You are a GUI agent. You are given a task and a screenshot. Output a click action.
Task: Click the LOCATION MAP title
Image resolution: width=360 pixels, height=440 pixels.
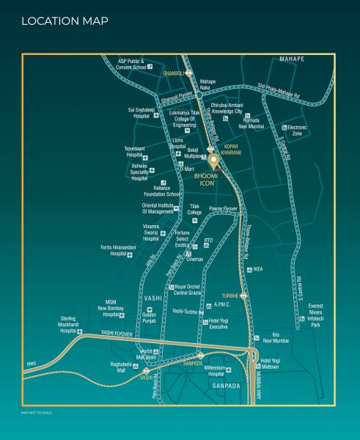[65, 21]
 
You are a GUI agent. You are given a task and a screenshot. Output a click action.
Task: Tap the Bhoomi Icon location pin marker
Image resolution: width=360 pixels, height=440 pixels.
[213, 161]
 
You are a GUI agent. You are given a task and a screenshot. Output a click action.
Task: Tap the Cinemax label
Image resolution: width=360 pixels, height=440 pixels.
[194, 259]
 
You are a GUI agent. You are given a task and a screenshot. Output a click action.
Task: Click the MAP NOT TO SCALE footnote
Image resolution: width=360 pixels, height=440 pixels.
[37, 412]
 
